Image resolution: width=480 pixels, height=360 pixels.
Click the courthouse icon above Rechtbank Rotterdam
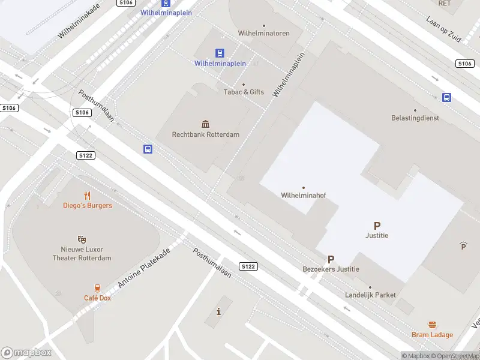click(206, 124)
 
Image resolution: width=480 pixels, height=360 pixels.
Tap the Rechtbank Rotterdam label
click(206, 134)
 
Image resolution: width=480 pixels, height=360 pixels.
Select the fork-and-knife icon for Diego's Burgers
click(88, 195)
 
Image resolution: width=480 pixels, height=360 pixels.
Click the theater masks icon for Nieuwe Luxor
click(82, 239)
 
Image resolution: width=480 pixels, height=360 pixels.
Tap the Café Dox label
click(97, 298)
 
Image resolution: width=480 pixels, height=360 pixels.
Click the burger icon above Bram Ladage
click(432, 325)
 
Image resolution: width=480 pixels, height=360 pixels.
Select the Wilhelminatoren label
click(263, 34)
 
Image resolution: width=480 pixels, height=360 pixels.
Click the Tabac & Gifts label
click(244, 92)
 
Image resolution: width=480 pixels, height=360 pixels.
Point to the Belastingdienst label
click(415, 118)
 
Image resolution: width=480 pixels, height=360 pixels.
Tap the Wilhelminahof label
click(303, 195)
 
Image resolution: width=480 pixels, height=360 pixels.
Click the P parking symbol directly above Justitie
click(377, 226)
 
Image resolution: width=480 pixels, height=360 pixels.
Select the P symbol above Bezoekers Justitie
click(331, 259)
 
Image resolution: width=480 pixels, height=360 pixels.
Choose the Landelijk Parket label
click(370, 295)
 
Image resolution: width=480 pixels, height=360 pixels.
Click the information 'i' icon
click(218, 311)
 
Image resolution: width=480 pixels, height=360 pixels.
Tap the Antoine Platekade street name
click(144, 267)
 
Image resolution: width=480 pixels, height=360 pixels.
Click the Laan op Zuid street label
click(443, 28)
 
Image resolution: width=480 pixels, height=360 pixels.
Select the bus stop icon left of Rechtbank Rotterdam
click(148, 149)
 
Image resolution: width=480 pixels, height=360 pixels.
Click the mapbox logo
click(26, 353)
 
